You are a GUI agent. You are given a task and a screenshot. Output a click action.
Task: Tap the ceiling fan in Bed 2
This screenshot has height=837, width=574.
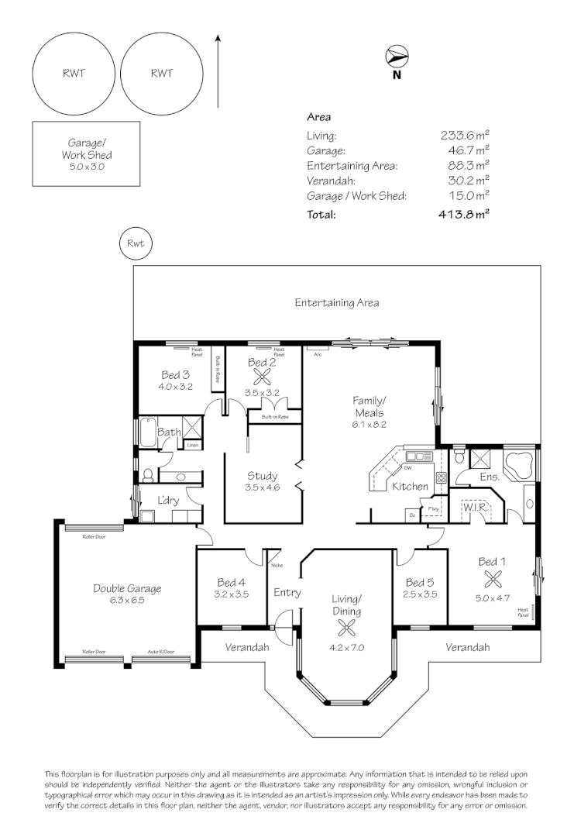tap(263, 377)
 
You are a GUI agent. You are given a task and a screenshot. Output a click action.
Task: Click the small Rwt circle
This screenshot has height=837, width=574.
tap(136, 244)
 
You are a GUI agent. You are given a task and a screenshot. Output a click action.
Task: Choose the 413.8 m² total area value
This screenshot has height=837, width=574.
tap(464, 215)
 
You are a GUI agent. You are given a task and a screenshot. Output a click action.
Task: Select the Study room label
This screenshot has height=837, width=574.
tap(262, 476)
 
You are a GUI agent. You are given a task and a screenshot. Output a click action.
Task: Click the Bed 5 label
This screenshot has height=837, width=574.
tap(420, 582)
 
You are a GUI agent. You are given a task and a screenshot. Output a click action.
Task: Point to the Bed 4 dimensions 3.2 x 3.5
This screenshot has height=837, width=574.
tap(232, 594)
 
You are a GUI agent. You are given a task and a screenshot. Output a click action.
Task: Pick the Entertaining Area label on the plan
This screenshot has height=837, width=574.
tap(337, 303)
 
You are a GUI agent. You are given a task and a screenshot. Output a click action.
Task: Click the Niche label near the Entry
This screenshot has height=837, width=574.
tap(277, 564)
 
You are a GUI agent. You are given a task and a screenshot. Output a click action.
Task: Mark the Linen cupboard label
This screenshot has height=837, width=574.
tap(193, 445)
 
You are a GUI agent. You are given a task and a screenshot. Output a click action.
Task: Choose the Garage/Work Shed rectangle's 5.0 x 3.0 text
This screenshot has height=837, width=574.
tap(87, 166)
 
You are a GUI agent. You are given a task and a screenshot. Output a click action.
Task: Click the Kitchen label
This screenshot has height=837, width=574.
tap(411, 487)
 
